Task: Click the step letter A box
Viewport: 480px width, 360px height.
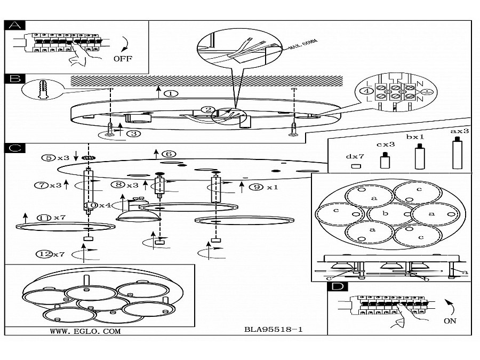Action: coord(17,25)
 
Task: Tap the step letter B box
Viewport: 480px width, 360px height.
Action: coord(17,78)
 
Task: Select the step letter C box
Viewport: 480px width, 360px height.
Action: coord(17,148)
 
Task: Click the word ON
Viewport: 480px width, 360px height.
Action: coord(450,322)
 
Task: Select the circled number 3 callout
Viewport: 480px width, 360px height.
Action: coord(135,134)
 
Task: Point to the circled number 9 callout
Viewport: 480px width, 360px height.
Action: coord(258,187)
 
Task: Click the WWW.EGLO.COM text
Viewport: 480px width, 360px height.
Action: coord(85,331)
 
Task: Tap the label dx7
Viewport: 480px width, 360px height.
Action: coord(355,156)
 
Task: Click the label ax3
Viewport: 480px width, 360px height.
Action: coord(459,131)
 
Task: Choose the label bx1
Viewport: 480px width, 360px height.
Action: coord(414,137)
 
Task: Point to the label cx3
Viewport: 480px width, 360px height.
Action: coord(385,143)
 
